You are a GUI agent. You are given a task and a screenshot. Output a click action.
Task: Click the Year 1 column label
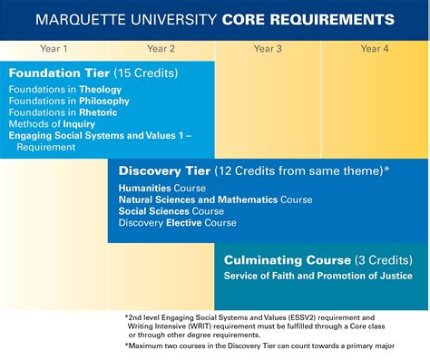(54, 49)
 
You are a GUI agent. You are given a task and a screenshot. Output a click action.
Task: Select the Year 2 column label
(161, 49)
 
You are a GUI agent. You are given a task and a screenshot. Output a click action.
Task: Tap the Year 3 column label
(268, 49)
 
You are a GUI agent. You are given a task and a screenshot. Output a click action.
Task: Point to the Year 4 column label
(375, 49)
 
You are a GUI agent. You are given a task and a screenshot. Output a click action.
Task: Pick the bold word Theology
(101, 91)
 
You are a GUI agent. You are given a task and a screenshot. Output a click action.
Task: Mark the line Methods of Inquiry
(52, 123)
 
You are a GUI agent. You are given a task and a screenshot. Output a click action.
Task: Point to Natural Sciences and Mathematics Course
(215, 200)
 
